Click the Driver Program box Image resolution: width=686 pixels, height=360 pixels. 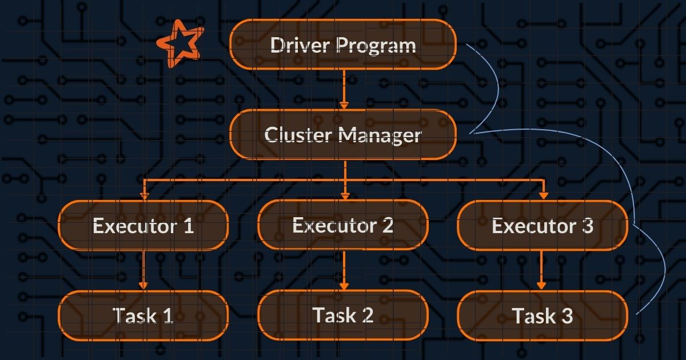343,45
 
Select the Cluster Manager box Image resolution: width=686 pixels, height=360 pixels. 343,135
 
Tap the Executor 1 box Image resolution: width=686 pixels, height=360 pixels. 143,225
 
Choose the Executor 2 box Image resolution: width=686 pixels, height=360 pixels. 343,225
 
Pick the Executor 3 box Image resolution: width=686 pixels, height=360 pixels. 543,225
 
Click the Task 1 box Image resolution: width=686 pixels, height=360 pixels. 143,315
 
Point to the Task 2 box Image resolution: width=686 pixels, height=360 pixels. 343,315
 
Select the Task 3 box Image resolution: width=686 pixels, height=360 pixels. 543,315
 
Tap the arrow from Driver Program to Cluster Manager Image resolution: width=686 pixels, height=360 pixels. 344,89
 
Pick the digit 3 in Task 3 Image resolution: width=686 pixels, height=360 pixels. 566,316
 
